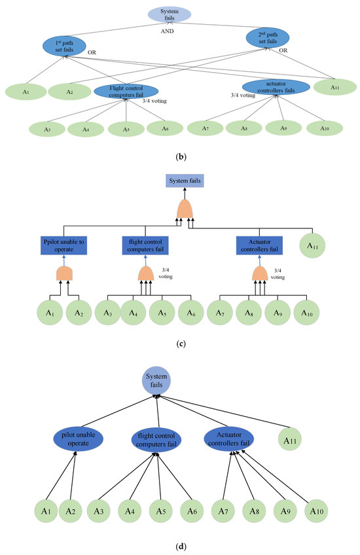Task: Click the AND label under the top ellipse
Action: (x=168, y=29)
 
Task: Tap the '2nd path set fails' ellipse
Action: (x=267, y=39)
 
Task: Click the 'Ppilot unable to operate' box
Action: (x=63, y=245)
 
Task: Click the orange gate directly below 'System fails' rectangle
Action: (x=184, y=209)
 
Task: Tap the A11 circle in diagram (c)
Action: (x=314, y=246)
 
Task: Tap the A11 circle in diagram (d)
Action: (x=293, y=439)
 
